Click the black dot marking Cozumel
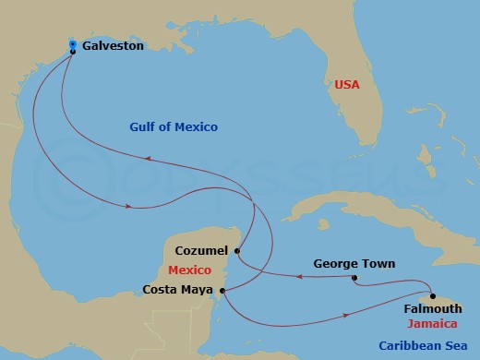tap(237, 250)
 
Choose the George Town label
tap(354, 264)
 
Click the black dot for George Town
tap(354, 277)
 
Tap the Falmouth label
tap(433, 308)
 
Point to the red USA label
tap(345, 86)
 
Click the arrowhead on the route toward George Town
tap(300, 275)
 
